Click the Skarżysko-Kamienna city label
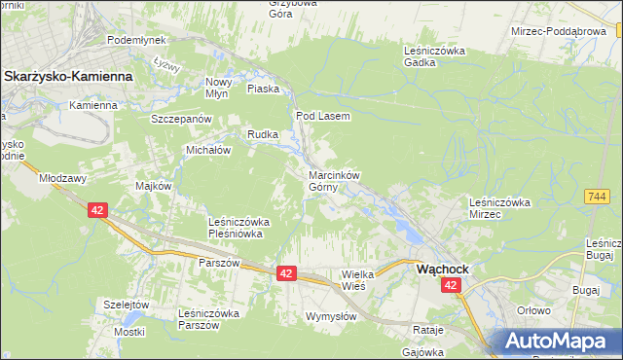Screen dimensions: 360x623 [x=61, y=75]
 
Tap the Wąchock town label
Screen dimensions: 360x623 [x=444, y=269]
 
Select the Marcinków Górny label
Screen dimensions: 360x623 [x=334, y=181]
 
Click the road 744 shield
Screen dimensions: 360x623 [x=599, y=197]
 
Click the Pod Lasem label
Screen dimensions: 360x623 [x=323, y=116]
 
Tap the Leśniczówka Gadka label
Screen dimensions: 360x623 [x=434, y=56]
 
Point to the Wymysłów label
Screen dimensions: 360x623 [x=331, y=317]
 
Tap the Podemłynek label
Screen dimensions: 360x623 [x=137, y=40]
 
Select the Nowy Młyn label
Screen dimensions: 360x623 [x=217, y=88]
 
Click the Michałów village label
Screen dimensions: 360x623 [x=207, y=151]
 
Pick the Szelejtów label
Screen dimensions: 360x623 [x=126, y=305]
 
